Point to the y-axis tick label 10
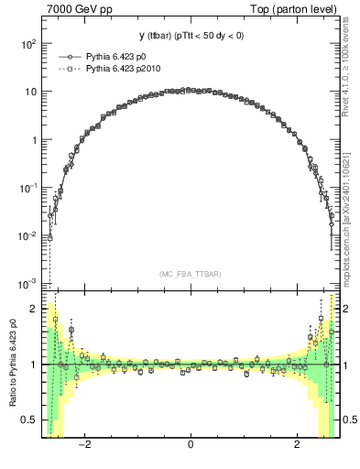coord(30,93)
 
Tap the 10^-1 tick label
coord(28,188)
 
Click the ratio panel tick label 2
coord(34,309)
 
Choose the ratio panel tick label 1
coord(34,365)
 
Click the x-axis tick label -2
coord(83,447)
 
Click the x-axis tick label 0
coord(191,447)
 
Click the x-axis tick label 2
coord(297,447)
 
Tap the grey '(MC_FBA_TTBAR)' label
coord(191,274)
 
